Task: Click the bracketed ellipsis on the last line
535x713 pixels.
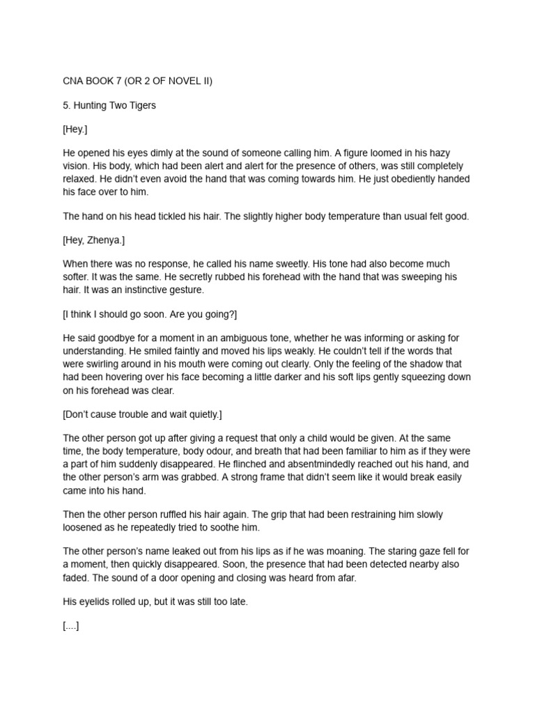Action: coord(71,626)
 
